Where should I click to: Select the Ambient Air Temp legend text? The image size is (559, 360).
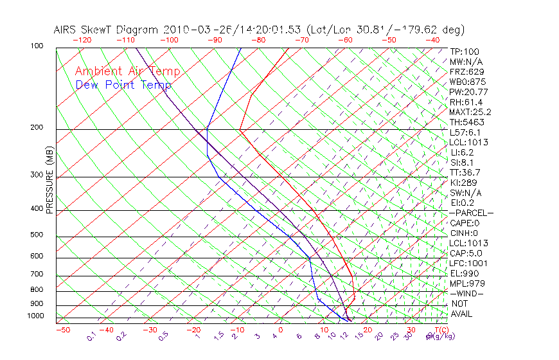pyautogui.click(x=127, y=72)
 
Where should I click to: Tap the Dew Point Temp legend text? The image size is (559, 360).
pyautogui.click(x=123, y=85)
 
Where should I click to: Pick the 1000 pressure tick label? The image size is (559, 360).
pyautogui.click(x=36, y=316)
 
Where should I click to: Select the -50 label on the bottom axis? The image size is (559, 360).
pyautogui.click(x=62, y=330)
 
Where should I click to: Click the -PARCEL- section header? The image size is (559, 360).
pyautogui.click(x=472, y=213)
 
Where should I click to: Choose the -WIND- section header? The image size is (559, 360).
pyautogui.click(x=467, y=293)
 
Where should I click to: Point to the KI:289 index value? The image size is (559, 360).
pyautogui.click(x=463, y=183)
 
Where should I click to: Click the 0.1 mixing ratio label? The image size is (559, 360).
pyautogui.click(x=91, y=336)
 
